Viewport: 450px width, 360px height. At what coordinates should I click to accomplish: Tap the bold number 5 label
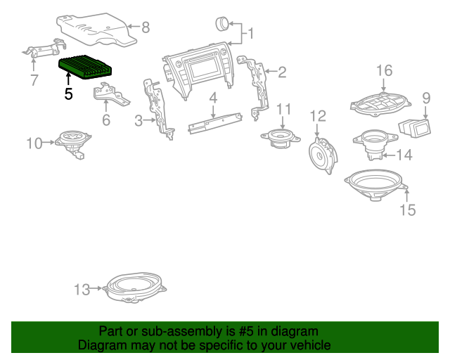[x=68, y=93]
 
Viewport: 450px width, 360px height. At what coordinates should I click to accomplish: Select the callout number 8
[x=146, y=28]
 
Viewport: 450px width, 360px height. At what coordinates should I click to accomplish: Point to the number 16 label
[x=384, y=70]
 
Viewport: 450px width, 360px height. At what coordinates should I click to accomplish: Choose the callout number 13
[x=82, y=289]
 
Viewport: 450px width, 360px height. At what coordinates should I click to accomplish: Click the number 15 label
[x=408, y=210]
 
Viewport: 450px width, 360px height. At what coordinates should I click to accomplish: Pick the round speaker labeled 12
[x=325, y=152]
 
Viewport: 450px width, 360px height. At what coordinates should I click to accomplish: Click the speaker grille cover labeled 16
[x=380, y=104]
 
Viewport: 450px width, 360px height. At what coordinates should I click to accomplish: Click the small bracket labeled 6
[x=110, y=94]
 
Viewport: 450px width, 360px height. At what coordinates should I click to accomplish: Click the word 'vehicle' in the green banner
[x=307, y=345]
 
